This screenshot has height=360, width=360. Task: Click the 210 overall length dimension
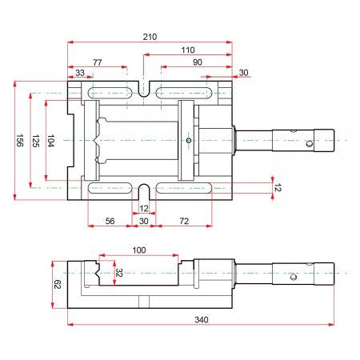[150, 37]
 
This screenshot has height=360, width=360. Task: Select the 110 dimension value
[188, 50]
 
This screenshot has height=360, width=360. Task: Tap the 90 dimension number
[198, 62]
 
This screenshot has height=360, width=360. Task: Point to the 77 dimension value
[98, 62]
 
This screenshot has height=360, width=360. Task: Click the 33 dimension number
[80, 73]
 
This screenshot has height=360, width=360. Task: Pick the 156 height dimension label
[20, 140]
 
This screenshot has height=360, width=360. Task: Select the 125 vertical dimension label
[36, 141]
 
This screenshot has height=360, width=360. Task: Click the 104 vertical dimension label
[51, 141]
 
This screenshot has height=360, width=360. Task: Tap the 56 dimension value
[110, 221]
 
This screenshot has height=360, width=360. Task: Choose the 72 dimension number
[184, 221]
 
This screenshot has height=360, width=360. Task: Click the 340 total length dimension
[202, 319]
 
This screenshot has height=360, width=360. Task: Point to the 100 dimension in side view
[139, 250]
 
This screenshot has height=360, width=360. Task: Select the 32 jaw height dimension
[119, 273]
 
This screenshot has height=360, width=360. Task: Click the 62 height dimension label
[58, 284]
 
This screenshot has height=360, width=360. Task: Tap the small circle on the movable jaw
[189, 140]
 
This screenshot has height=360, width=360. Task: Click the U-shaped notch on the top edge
[144, 90]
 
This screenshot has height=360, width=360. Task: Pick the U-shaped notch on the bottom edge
[144, 192]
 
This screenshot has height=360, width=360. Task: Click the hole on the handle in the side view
[294, 278]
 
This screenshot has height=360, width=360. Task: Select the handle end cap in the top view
[324, 140]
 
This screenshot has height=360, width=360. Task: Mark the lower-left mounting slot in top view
[110, 188]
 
